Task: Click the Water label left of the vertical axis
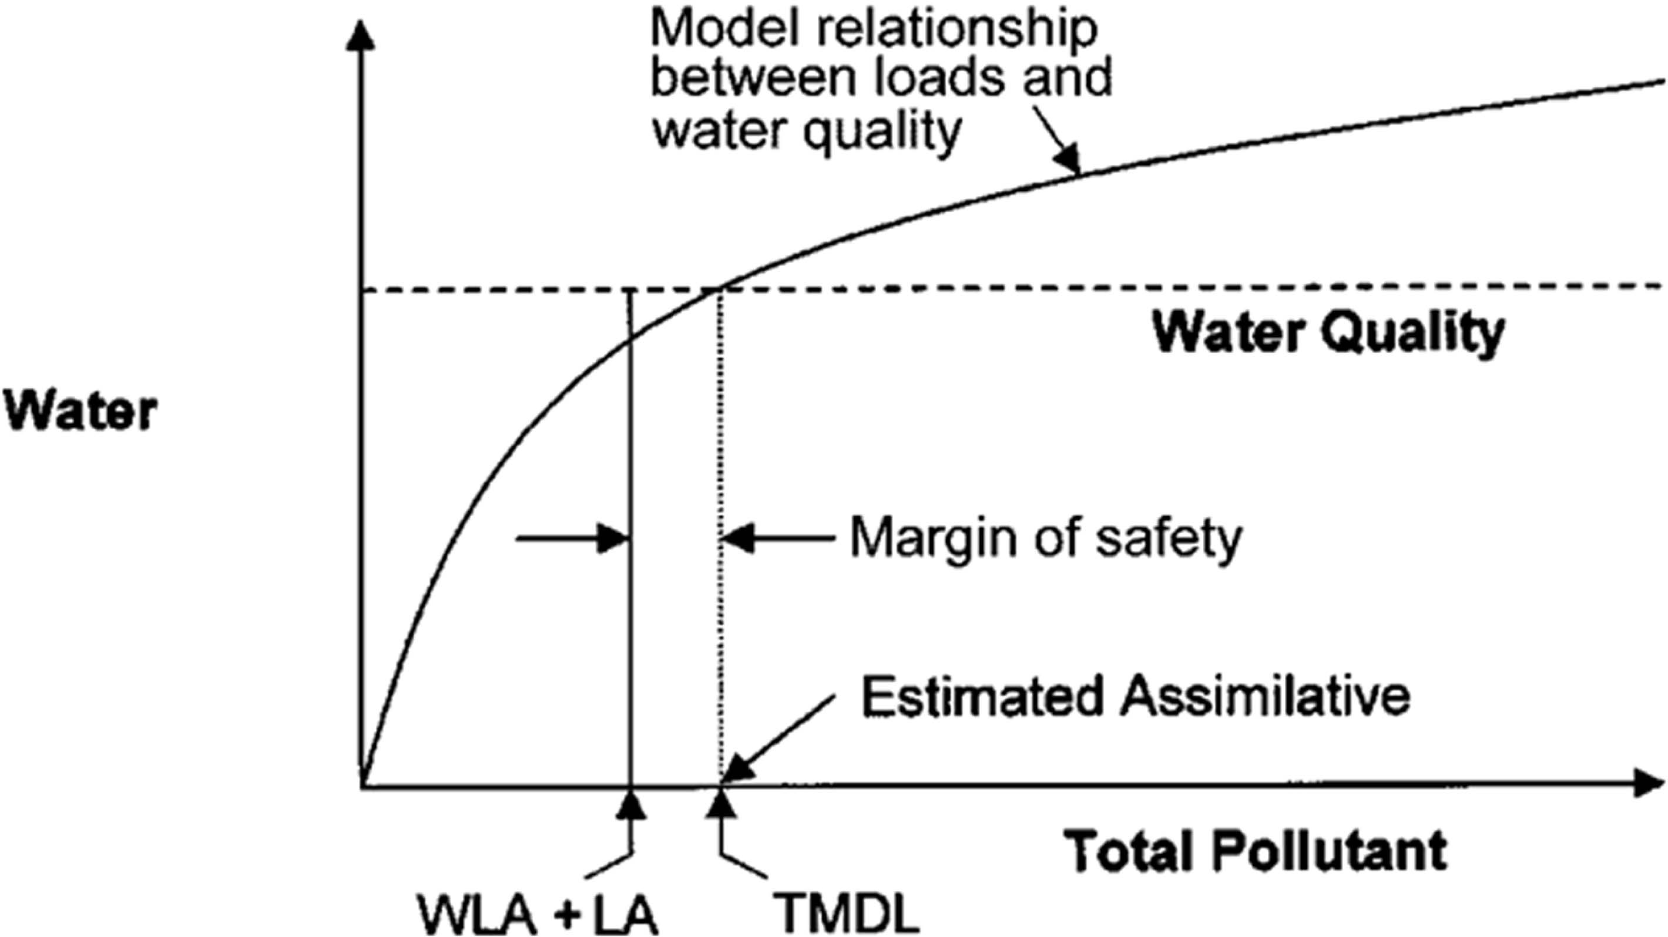click(81, 410)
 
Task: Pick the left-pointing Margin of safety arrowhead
click(738, 538)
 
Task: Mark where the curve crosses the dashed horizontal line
click(717, 289)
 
